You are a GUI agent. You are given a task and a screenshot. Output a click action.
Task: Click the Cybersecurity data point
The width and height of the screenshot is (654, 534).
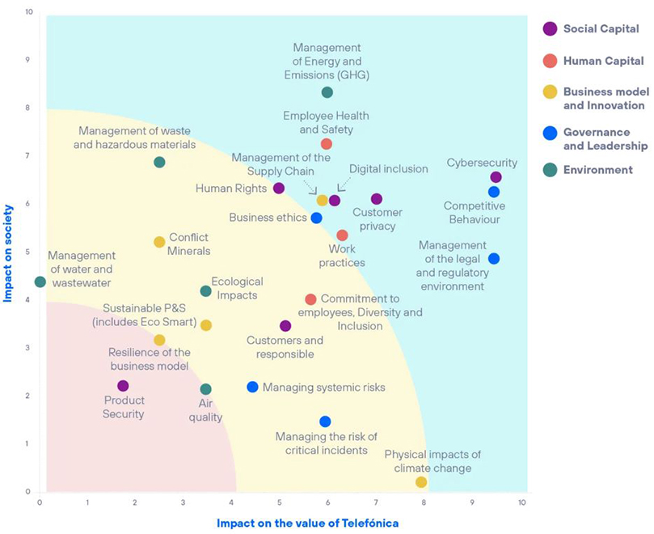pos(496,177)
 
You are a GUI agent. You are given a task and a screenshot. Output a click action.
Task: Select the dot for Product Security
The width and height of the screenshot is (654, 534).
pos(123,386)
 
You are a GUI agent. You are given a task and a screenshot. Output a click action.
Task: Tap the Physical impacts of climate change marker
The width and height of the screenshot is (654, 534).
pos(421,482)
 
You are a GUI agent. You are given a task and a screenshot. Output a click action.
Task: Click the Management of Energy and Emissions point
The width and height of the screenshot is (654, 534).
pos(327,92)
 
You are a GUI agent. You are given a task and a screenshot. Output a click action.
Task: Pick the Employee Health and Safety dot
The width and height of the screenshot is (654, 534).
pos(327,144)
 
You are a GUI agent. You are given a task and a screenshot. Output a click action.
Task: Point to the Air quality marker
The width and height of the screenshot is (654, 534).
pos(205,389)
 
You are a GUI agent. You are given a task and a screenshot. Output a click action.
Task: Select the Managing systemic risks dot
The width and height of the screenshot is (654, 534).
pos(252,388)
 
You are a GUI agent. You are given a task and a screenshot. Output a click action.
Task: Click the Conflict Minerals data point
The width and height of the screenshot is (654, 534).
pos(159,242)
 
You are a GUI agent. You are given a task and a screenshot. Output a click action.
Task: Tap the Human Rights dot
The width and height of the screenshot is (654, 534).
pos(279,189)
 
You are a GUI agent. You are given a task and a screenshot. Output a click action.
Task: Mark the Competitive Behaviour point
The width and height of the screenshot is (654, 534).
pos(494,192)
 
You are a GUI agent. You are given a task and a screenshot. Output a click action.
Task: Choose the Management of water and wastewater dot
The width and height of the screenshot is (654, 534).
pos(40,282)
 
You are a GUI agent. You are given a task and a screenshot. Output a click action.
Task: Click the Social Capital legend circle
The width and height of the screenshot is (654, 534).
pos(551,28)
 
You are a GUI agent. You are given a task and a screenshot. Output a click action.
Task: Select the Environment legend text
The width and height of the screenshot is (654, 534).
pos(599,170)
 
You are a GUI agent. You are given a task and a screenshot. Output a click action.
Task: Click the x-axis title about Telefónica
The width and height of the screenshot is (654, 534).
pos(307,523)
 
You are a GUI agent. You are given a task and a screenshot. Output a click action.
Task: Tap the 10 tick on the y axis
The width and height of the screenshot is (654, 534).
pos(29,13)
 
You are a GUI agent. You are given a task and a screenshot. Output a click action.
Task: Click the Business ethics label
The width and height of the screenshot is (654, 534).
pos(268,218)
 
